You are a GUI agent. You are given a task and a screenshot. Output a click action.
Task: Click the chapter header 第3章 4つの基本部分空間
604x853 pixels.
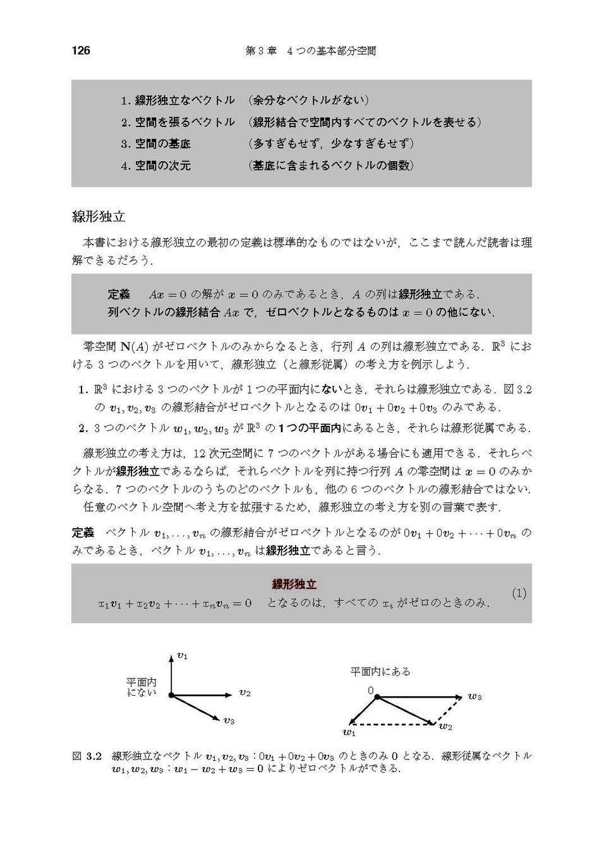point(310,51)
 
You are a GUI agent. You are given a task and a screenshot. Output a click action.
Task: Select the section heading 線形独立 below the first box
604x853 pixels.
point(99,217)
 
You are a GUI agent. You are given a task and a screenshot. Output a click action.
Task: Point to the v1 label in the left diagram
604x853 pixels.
point(183,656)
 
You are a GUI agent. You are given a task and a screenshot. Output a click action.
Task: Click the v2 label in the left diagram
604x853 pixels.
point(245,693)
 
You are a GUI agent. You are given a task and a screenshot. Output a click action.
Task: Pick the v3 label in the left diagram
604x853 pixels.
point(229,720)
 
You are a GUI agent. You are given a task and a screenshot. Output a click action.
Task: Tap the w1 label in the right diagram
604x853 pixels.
point(349,733)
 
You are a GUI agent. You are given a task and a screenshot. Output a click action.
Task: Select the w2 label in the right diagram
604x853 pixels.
point(445,727)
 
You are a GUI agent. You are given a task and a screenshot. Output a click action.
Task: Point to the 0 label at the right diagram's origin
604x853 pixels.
point(371,691)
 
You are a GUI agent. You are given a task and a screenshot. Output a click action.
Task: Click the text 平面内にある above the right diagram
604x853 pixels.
point(380,672)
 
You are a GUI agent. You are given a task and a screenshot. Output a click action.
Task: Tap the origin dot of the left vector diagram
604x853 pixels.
point(171,695)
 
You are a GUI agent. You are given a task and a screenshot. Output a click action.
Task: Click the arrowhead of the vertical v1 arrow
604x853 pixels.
point(171,658)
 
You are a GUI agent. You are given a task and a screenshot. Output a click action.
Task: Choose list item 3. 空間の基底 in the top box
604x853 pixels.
point(156,143)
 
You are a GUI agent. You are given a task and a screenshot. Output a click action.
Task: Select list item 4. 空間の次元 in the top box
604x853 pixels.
point(156,166)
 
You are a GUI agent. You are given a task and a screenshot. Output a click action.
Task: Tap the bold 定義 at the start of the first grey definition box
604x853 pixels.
point(119,294)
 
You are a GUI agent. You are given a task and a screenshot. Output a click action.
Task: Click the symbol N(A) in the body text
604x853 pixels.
point(135,346)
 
